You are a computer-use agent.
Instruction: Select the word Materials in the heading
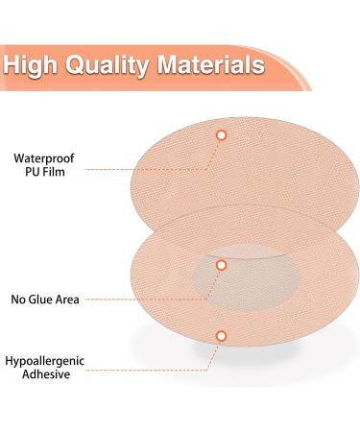pyautogui.click(x=213, y=66)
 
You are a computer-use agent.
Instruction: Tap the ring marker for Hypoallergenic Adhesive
pyautogui.click(x=221, y=335)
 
